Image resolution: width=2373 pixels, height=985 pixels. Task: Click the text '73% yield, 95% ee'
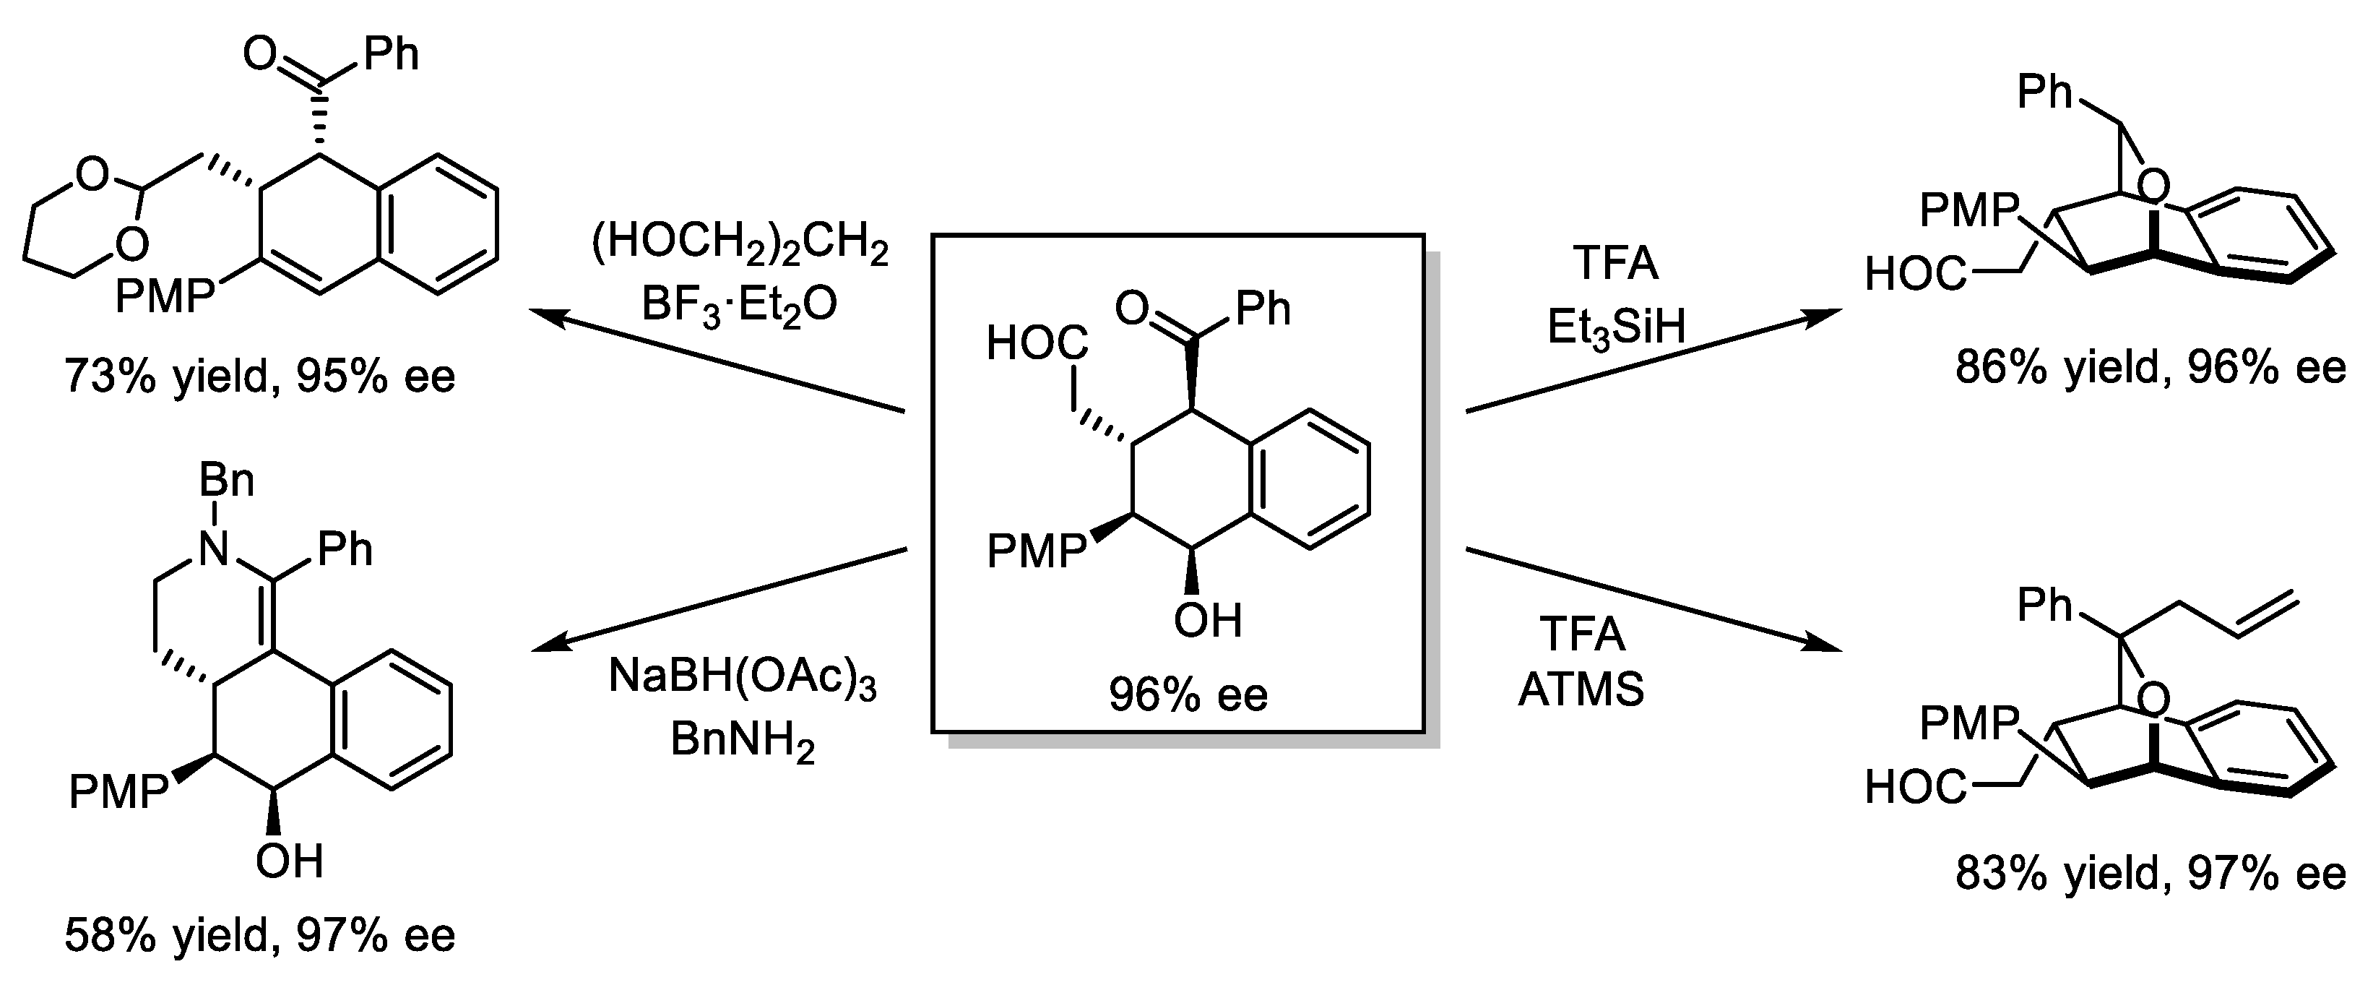click(x=260, y=377)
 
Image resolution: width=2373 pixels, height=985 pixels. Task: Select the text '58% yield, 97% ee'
click(x=260, y=936)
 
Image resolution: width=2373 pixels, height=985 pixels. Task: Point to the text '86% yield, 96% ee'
click(x=2150, y=369)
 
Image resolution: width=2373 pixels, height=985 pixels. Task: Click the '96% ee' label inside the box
click(x=1188, y=694)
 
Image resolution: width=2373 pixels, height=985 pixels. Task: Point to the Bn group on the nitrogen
click(x=227, y=481)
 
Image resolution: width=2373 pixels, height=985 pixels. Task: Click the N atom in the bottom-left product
click(x=214, y=550)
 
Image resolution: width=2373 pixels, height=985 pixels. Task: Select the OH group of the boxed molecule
click(x=1207, y=621)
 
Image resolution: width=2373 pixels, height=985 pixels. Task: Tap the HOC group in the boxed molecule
click(x=1037, y=344)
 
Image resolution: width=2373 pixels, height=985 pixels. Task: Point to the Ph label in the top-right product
click(x=2044, y=93)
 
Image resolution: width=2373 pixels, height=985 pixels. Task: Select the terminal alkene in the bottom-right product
click(x=2268, y=613)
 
